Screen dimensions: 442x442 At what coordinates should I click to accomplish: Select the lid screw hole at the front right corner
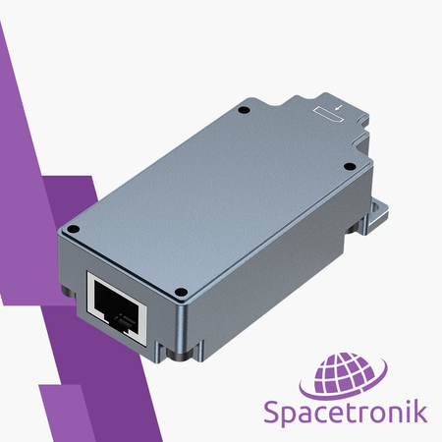(186, 292)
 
